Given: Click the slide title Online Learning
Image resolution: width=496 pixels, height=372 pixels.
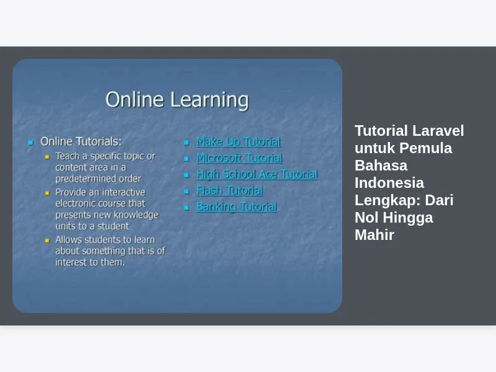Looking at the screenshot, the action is click(x=177, y=100).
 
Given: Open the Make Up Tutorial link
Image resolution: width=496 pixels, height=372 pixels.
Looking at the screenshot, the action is click(x=239, y=141).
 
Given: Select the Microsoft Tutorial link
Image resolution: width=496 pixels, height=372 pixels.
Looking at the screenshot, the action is click(x=239, y=157).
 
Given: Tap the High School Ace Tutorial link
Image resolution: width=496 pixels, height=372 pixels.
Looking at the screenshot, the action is click(x=257, y=174).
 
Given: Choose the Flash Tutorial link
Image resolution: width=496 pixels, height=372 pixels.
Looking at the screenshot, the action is click(x=229, y=190).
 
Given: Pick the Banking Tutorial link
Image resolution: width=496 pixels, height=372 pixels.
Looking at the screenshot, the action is click(x=237, y=207).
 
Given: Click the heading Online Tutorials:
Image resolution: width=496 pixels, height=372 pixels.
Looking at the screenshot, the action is click(x=81, y=141).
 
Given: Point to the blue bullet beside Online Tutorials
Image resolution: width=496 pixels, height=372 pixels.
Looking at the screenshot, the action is click(x=30, y=143).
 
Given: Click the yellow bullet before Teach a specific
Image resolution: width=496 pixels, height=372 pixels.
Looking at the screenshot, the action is click(x=47, y=157).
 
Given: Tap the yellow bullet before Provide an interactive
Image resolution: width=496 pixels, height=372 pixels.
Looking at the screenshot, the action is click(x=47, y=193).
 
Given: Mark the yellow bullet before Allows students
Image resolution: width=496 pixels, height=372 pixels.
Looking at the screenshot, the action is click(x=47, y=241).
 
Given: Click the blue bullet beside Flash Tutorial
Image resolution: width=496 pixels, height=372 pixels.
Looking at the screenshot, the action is click(x=187, y=192).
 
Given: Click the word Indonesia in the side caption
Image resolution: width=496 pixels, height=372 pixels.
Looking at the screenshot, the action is click(x=389, y=183).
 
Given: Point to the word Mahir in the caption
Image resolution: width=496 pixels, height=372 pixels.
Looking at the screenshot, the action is click(x=374, y=235).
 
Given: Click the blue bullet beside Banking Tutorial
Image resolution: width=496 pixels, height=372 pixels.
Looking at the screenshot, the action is click(x=187, y=208).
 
